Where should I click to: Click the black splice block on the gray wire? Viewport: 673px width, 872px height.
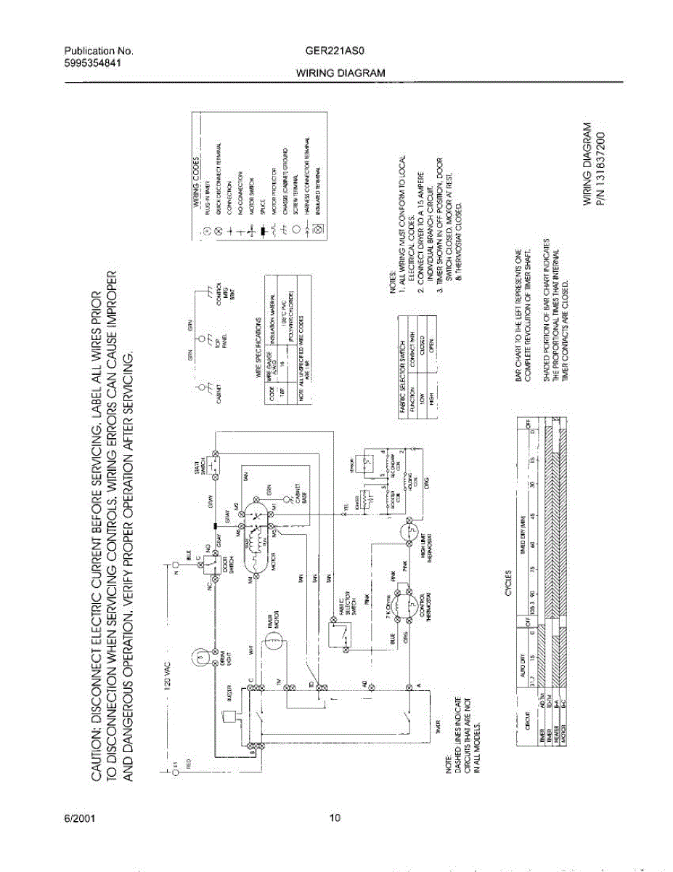click(x=215, y=525)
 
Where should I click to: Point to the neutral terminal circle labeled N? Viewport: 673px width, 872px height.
click(x=175, y=563)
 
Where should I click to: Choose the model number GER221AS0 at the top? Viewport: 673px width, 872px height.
click(x=335, y=52)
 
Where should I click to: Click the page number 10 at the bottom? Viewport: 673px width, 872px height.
click(x=335, y=819)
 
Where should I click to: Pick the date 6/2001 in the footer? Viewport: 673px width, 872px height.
click(x=79, y=819)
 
